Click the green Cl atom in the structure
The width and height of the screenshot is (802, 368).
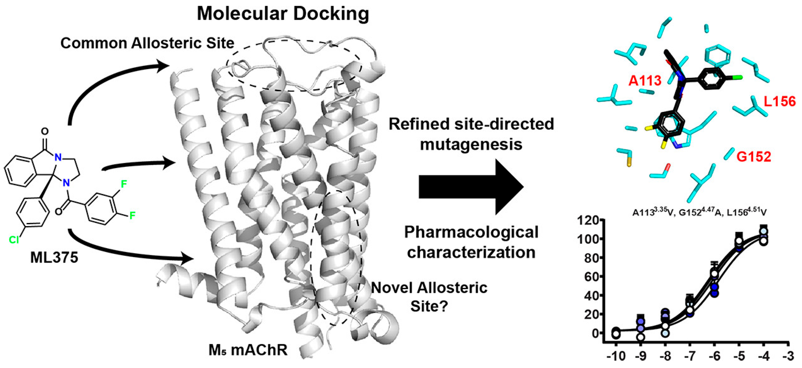(14, 240)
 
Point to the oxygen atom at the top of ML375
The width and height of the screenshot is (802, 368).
(45, 131)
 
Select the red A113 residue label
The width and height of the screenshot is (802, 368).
(644, 81)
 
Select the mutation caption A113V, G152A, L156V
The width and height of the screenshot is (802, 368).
(699, 212)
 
